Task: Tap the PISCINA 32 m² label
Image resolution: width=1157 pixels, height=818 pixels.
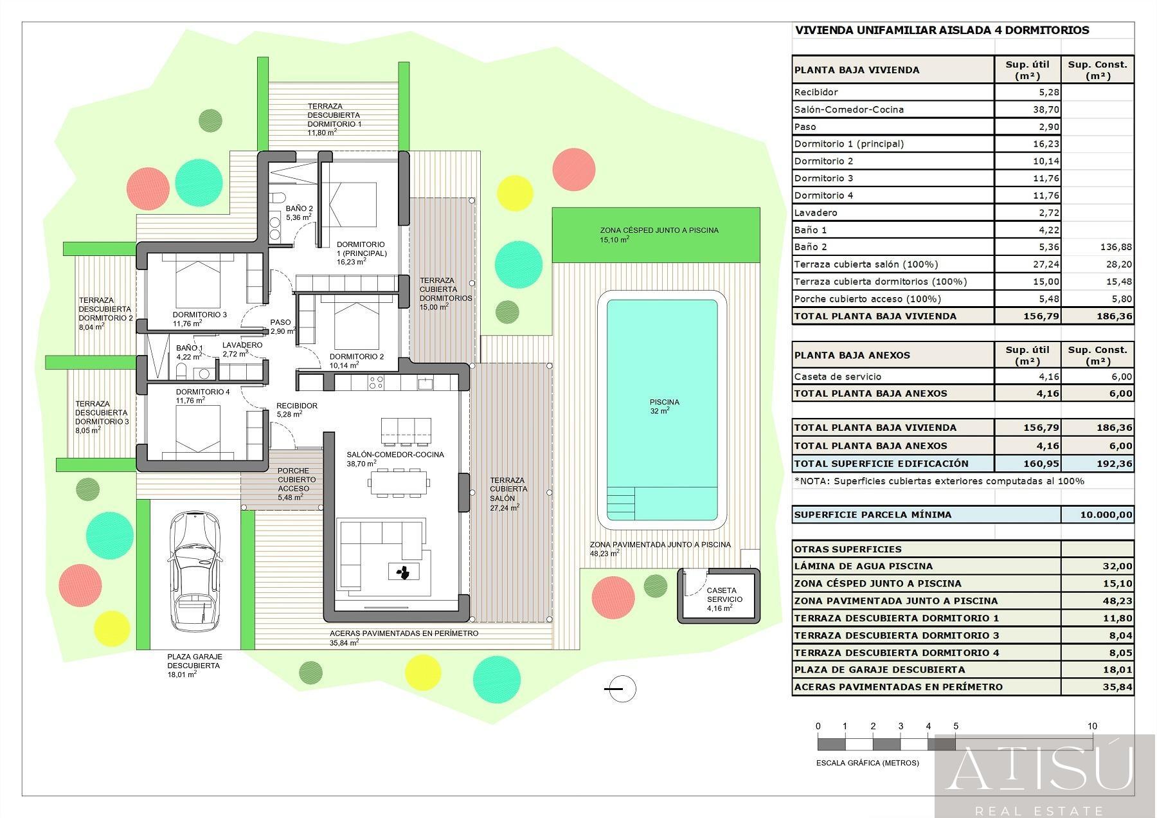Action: pyautogui.click(x=664, y=406)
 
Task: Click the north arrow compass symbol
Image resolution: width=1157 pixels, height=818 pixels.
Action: pyautogui.click(x=621, y=689)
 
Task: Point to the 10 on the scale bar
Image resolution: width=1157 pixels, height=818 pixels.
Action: pyautogui.click(x=1092, y=726)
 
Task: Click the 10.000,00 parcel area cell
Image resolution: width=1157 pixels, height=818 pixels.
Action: pyautogui.click(x=1097, y=514)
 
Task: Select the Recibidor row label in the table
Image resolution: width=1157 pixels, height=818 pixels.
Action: pyautogui.click(x=816, y=92)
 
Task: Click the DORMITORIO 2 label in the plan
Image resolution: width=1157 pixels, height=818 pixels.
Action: pyautogui.click(x=356, y=357)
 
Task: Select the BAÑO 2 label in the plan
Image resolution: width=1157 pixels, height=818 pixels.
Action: pyautogui.click(x=299, y=208)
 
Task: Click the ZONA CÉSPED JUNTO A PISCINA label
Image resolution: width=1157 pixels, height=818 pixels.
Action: pyautogui.click(x=659, y=230)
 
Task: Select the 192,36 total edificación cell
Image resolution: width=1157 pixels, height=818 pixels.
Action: pyautogui.click(x=1097, y=463)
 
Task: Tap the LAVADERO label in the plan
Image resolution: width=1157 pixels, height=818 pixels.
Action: pyautogui.click(x=242, y=345)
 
